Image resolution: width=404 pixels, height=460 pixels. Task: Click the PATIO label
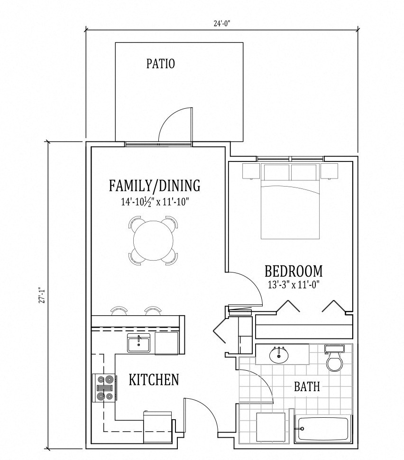click(x=161, y=64)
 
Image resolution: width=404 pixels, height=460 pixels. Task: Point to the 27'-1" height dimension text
click(x=43, y=295)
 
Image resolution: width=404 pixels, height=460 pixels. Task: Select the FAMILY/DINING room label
click(x=155, y=186)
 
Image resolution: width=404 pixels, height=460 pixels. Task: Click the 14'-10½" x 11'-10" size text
click(x=155, y=202)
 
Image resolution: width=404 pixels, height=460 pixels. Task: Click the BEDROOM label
click(x=294, y=271)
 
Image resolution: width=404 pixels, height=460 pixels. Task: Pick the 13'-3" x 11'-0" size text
click(x=294, y=284)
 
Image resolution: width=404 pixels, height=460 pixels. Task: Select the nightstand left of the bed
click(x=251, y=171)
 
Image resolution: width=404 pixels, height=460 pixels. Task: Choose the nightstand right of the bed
click(x=329, y=171)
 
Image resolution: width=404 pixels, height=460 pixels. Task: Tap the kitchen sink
click(x=138, y=343)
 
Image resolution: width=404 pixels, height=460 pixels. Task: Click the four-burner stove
click(x=104, y=388)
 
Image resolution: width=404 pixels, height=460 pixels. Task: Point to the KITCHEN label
click(x=154, y=380)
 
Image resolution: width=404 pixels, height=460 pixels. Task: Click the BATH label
click(x=307, y=387)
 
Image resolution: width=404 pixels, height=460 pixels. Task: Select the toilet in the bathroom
click(x=335, y=359)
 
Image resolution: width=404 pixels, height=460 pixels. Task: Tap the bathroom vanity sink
click(x=279, y=355)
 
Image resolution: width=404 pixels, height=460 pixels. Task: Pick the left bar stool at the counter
click(x=119, y=310)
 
